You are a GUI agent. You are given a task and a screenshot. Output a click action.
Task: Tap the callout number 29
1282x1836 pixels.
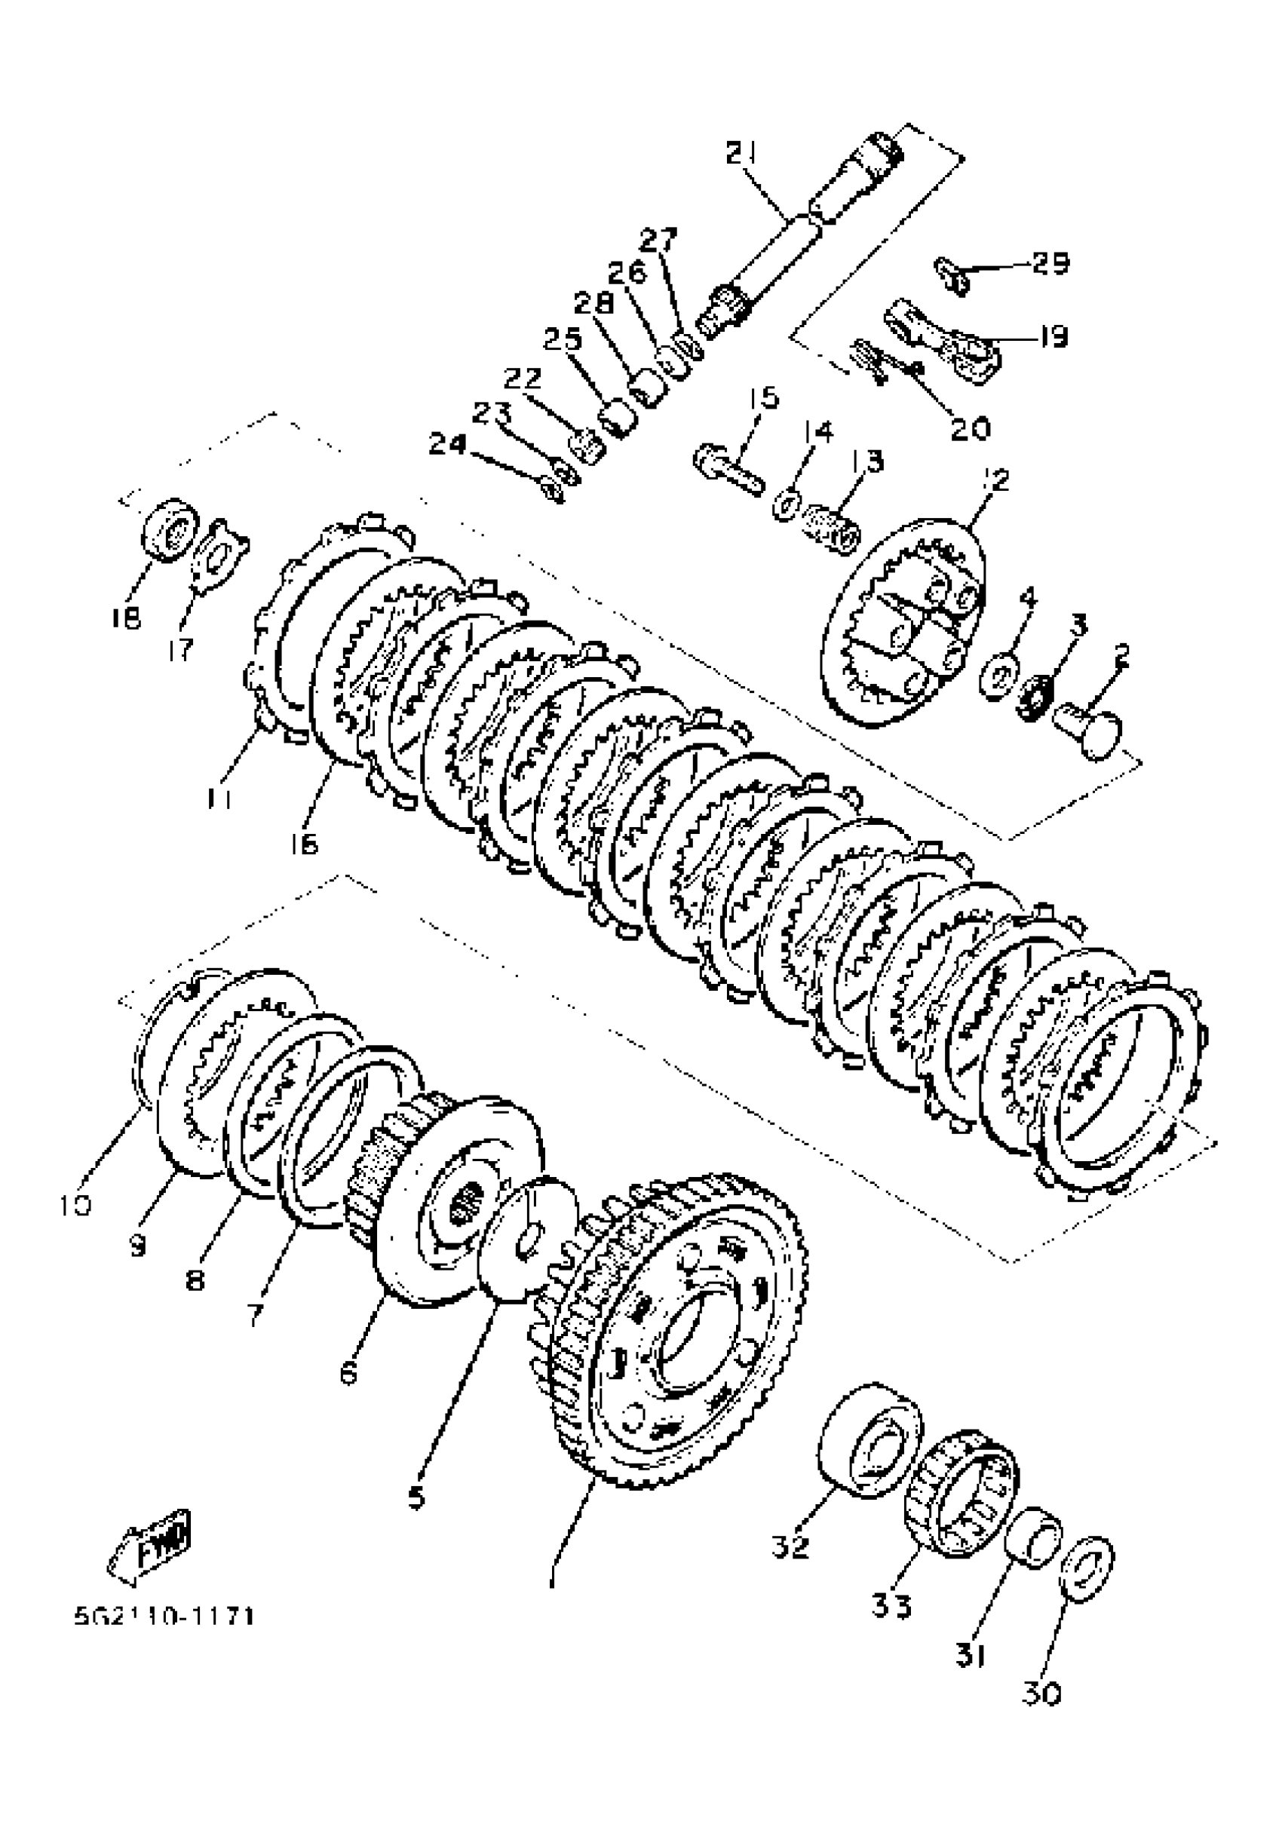pyautogui.click(x=1050, y=263)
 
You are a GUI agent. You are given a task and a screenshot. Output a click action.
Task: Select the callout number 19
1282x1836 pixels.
pyautogui.click(x=1053, y=336)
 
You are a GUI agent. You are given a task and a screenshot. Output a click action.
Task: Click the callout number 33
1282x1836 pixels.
pyautogui.click(x=891, y=1606)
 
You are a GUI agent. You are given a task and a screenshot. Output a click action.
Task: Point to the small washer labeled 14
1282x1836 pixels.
pyautogui.click(x=786, y=507)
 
